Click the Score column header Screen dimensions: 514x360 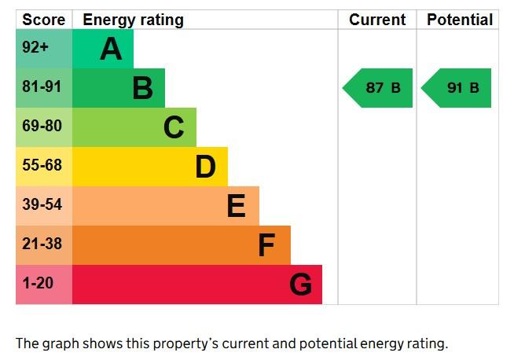(x=43, y=20)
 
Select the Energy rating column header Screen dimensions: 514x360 (x=133, y=20)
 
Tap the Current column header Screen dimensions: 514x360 (x=377, y=20)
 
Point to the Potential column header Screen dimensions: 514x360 (x=460, y=20)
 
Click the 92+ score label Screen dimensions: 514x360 (x=35, y=47)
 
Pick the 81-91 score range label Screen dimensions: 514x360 (x=42, y=86)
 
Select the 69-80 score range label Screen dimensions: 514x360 (x=42, y=126)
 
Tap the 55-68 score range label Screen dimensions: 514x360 (x=42, y=165)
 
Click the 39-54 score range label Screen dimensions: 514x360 (x=42, y=204)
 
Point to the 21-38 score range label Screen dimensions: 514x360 (x=42, y=244)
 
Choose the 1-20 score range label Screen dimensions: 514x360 (x=38, y=283)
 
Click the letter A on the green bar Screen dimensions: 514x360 (x=111, y=49)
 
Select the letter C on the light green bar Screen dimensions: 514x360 (x=174, y=127)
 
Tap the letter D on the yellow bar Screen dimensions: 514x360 (x=206, y=167)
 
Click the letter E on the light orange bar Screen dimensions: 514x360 (x=237, y=206)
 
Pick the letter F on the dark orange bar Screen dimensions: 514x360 (x=266, y=245)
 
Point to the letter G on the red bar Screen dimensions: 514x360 (x=301, y=285)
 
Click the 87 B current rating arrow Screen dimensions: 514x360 (x=377, y=88)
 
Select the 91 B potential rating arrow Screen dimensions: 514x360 (x=456, y=88)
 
